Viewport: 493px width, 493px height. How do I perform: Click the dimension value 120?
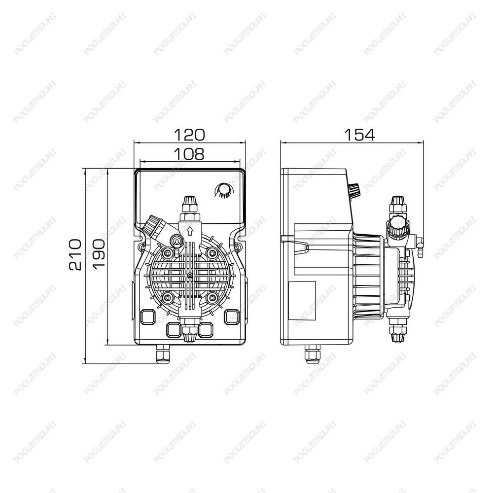189,135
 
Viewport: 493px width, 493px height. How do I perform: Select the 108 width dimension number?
189,154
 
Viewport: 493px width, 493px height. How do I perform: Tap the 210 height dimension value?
75,255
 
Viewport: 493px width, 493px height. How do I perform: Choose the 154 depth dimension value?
360,135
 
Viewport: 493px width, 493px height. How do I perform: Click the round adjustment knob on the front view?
223,189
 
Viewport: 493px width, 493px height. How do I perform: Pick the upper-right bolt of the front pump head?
212,252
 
